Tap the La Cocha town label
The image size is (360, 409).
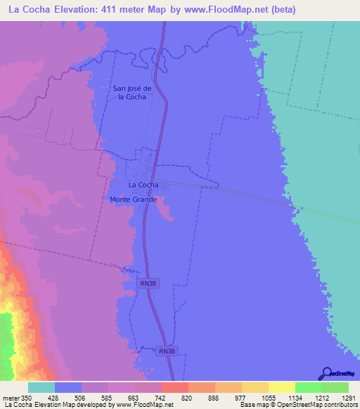(x=143, y=185)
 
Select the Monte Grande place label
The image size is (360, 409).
(x=133, y=200)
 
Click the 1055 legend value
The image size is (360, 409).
(x=269, y=397)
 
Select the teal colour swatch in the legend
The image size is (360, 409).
(x=41, y=387)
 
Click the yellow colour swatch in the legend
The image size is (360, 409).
(x=281, y=387)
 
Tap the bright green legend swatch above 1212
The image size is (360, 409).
(x=308, y=387)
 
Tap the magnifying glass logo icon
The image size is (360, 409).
(x=326, y=373)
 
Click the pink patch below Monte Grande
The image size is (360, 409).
(x=165, y=209)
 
